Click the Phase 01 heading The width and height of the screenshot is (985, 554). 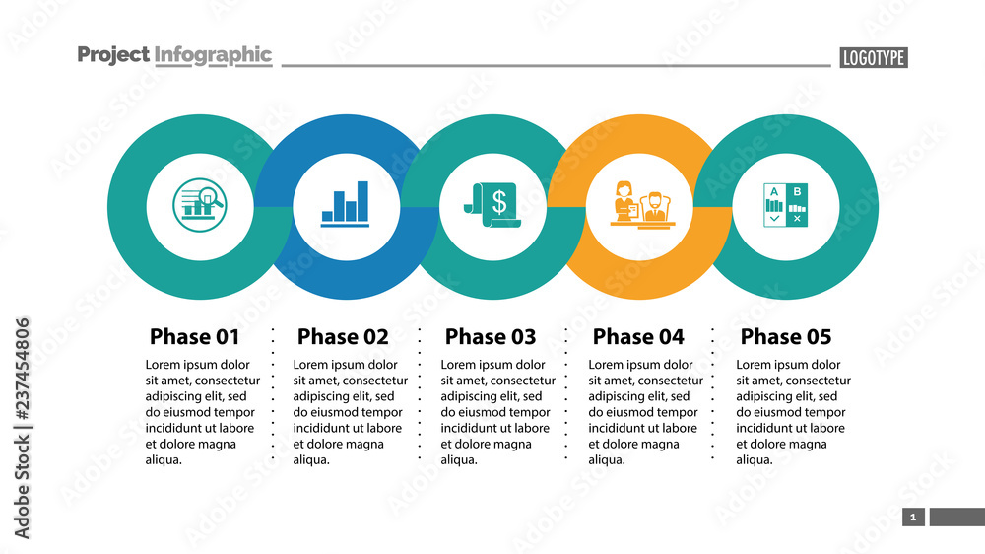(194, 337)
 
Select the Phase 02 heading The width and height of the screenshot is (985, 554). (343, 337)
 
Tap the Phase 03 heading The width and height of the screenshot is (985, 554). (491, 337)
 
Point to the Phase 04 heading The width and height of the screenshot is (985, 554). (638, 337)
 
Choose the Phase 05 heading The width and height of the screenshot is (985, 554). (786, 337)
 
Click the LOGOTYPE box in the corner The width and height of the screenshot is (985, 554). (873, 58)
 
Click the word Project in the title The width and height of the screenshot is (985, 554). (113, 55)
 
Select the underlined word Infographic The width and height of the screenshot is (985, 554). (213, 55)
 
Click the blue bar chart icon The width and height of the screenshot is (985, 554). (346, 205)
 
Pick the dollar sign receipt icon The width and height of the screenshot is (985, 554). (493, 205)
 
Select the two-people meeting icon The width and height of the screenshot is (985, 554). (640, 205)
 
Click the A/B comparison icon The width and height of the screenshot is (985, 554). (786, 205)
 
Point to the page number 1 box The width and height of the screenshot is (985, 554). (913, 518)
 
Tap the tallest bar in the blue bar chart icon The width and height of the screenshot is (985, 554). (362, 200)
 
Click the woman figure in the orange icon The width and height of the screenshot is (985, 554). (624, 199)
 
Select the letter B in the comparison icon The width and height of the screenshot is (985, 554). (797, 191)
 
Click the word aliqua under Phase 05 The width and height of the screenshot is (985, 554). (755, 460)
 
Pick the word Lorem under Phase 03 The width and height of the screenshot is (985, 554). (459, 365)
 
